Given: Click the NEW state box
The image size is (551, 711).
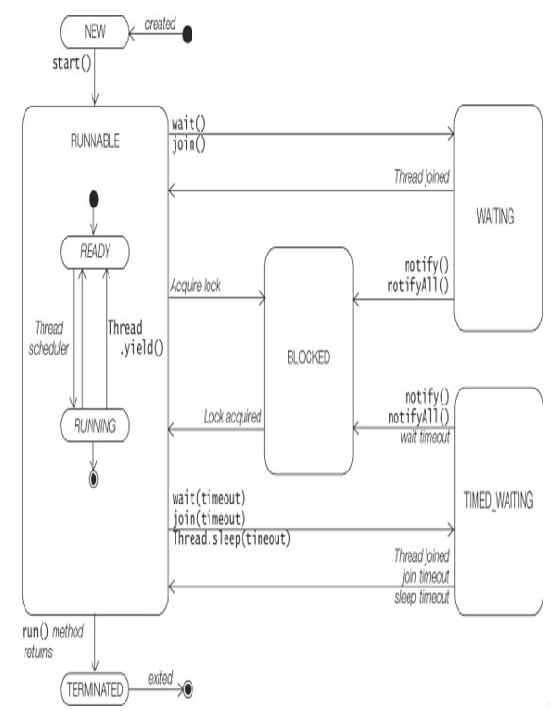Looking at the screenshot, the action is [95, 32].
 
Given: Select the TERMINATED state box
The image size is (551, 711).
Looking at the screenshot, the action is [95, 689].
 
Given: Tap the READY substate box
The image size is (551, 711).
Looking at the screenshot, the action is [95, 252].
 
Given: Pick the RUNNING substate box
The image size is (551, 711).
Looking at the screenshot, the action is [95, 426].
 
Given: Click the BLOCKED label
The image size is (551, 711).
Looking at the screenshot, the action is [309, 357].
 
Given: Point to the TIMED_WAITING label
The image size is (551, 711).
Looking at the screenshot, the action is [498, 501].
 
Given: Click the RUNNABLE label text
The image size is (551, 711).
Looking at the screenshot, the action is [95, 141].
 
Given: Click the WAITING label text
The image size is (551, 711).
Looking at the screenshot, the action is [495, 217].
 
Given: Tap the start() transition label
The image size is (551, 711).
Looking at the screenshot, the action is [72, 63].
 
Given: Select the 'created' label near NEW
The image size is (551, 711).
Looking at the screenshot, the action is [160, 24].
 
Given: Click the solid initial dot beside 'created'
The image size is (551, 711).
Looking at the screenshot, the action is [187, 35].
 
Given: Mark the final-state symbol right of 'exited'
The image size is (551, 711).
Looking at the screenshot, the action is [187, 689].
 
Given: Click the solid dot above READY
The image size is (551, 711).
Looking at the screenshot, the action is [93, 199].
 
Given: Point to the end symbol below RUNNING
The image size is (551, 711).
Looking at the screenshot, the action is [93, 479].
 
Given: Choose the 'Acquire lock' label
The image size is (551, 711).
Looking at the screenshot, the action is [195, 286].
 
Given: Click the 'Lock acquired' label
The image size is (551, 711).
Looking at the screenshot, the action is [232, 417].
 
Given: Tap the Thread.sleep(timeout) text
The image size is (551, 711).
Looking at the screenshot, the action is [231, 538].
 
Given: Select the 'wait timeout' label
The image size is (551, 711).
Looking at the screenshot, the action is [425, 438].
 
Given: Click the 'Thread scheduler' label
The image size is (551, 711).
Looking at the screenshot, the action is [49, 338].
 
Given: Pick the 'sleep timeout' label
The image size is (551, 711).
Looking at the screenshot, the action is [422, 597].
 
